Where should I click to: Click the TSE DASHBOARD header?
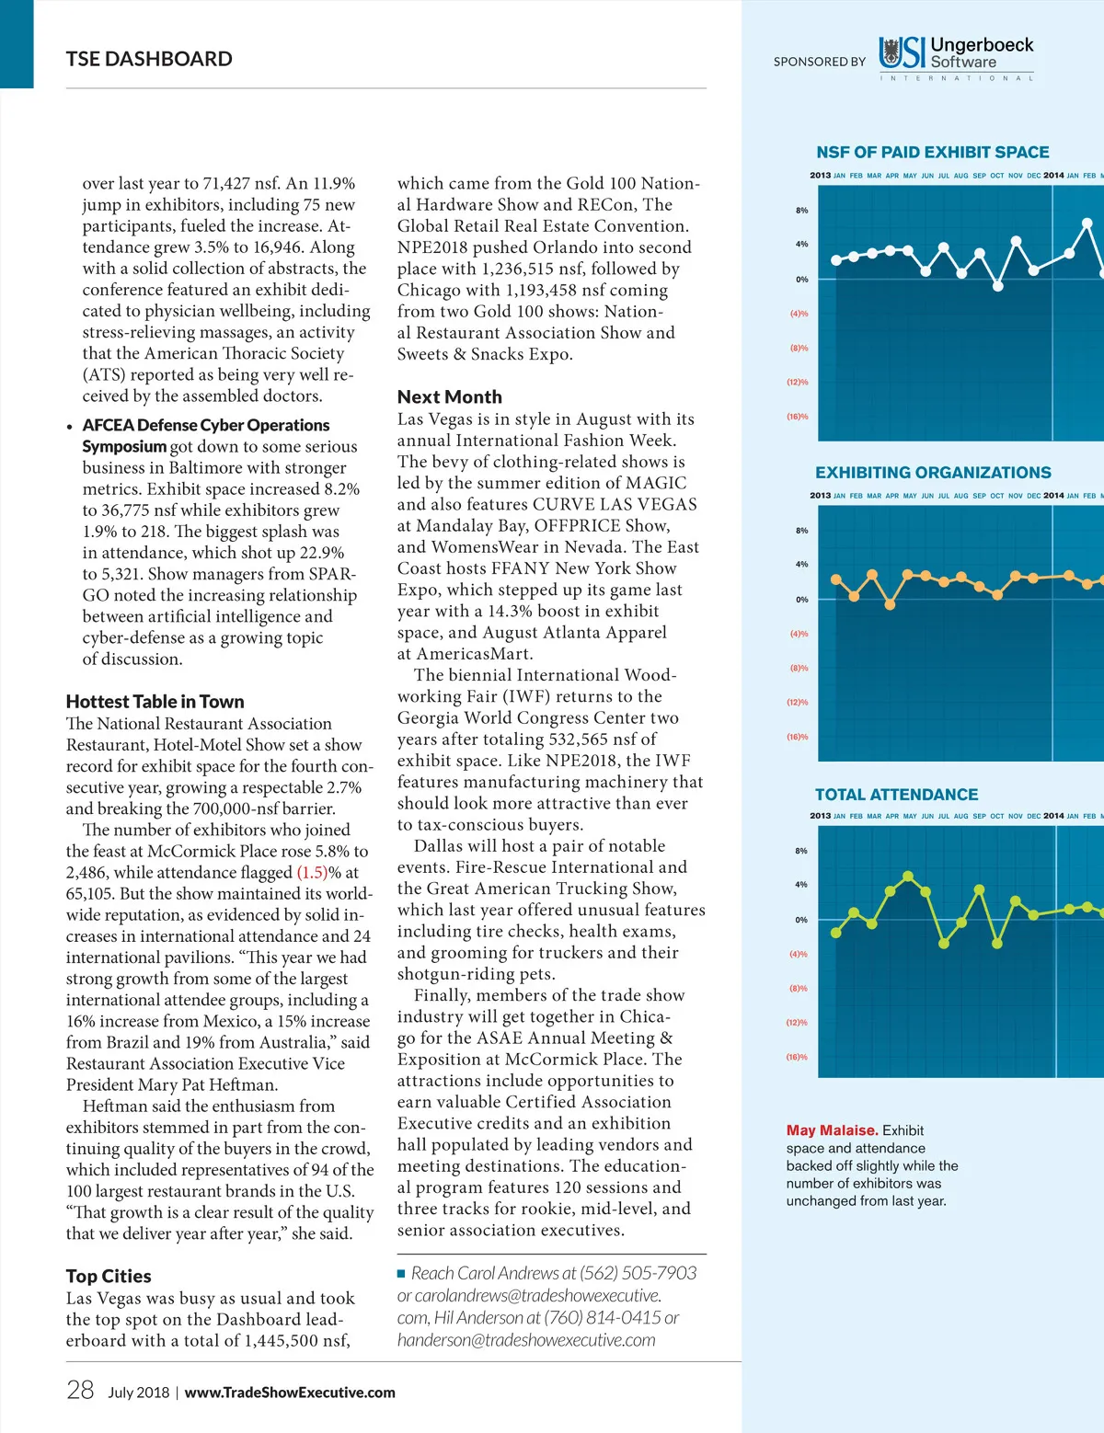(149, 59)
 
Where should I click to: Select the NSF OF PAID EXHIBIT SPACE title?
(932, 153)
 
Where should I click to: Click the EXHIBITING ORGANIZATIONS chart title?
(932, 473)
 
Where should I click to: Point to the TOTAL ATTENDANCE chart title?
(896, 795)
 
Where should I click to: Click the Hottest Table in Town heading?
(155, 702)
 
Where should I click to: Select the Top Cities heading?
(109, 1276)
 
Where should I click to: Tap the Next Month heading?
(449, 396)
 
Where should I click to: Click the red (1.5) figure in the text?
(312, 872)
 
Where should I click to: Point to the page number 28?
(80, 1390)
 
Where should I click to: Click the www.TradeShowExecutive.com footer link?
(290, 1393)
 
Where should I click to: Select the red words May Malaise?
(831, 1130)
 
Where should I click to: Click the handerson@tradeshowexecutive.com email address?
(526, 1340)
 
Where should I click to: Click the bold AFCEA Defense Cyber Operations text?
(205, 425)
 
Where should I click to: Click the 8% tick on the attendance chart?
(801, 851)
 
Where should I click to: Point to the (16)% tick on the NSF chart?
(797, 417)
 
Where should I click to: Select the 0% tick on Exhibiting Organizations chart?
(801, 600)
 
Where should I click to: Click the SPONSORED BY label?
(819, 62)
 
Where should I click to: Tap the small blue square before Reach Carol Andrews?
(401, 1274)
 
